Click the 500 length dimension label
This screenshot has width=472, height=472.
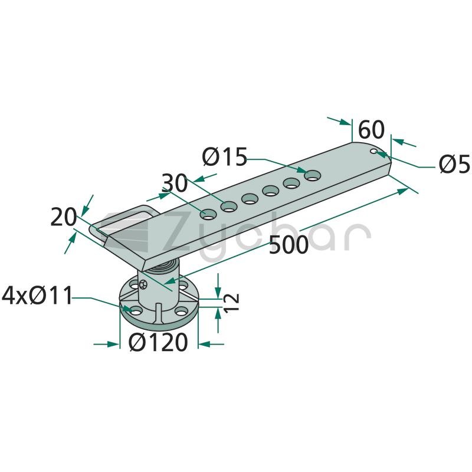(289, 245)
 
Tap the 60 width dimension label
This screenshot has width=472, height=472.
(371, 130)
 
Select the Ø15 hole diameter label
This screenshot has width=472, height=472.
(225, 156)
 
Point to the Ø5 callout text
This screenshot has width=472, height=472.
(454, 164)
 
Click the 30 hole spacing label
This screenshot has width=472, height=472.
(175, 183)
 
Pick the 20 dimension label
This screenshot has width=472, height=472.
(64, 217)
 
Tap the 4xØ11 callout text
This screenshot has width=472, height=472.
(37, 296)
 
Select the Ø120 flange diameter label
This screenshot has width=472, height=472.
(158, 343)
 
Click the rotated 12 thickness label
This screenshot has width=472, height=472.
(231, 302)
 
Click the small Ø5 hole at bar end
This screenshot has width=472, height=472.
(374, 151)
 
